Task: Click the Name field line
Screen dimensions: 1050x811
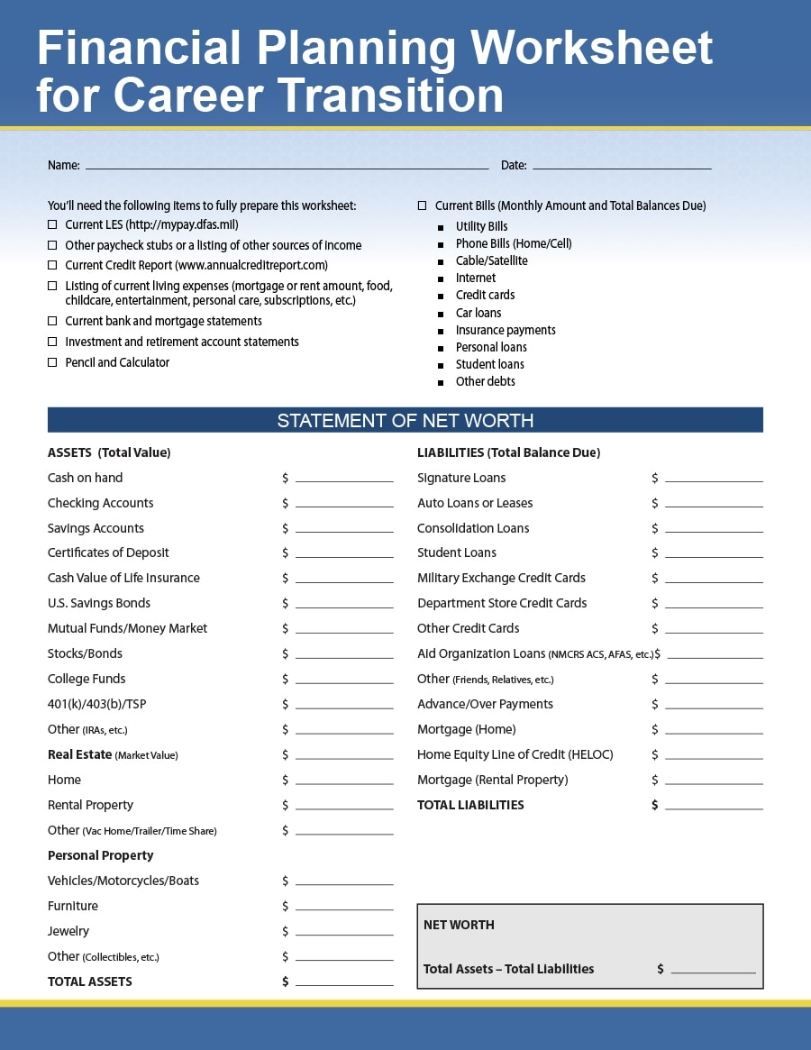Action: [287, 167]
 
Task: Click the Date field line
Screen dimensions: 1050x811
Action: [622, 167]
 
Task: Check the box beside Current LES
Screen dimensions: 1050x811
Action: [52, 224]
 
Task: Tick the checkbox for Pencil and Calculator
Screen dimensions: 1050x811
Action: [52, 362]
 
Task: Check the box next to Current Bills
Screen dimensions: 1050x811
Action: [422, 205]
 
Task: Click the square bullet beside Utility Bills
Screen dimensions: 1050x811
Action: [441, 227]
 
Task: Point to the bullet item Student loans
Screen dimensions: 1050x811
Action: [489, 364]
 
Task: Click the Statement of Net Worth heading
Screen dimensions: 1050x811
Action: [405, 420]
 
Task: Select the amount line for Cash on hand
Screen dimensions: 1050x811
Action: [344, 479]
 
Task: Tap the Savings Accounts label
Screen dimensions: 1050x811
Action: [96, 528]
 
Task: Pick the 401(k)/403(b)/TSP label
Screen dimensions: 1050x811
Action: [93, 704]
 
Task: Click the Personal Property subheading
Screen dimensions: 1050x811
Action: [100, 855]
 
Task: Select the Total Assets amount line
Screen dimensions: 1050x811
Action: [344, 983]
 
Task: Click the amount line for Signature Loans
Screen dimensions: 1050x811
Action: [714, 479]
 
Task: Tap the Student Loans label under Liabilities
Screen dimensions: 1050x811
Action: [456, 552]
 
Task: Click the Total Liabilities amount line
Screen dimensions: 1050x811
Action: [714, 807]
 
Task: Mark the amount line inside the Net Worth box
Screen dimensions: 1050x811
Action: [713, 972]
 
